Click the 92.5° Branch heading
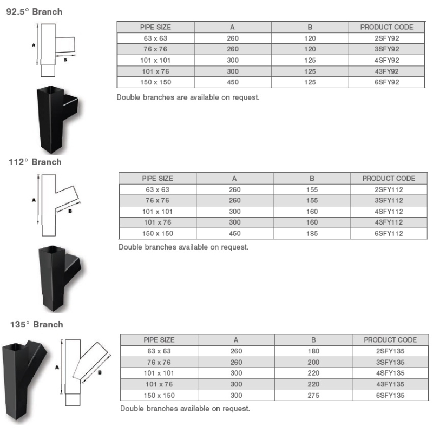[34, 11]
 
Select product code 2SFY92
[386, 38]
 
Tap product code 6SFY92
[386, 82]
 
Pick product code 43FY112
[389, 222]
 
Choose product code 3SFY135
[390, 362]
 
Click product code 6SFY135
[390, 395]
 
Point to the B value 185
[312, 234]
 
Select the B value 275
[313, 395]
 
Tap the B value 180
[313, 351]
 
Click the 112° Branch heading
[35, 162]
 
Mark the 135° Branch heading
[36, 324]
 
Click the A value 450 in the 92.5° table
[233, 82]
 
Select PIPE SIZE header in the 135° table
[159, 340]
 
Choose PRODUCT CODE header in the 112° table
[389, 178]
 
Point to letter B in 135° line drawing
[100, 372]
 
